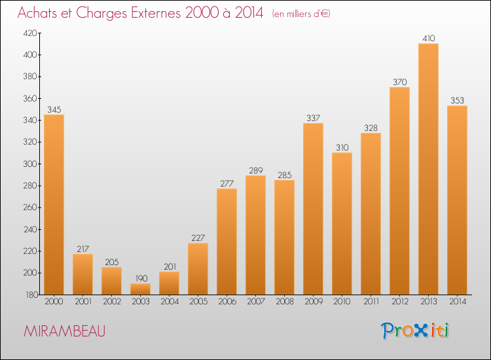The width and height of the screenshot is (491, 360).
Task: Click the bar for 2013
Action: tap(428, 169)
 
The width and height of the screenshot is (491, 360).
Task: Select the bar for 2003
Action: tap(140, 289)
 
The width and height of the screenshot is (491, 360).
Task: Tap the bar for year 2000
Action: tap(54, 204)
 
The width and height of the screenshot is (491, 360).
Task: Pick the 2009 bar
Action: tap(313, 209)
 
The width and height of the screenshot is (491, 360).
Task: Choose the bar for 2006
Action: tap(227, 242)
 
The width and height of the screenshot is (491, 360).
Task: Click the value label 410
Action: tap(429, 38)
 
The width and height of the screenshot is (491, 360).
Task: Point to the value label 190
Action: tap(141, 278)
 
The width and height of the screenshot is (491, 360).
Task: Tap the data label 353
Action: tap(457, 100)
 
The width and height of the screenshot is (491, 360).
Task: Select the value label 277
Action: tap(227, 183)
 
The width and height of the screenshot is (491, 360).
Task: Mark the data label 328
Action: tap(371, 128)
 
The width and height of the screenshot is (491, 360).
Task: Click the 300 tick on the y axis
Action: tap(30, 164)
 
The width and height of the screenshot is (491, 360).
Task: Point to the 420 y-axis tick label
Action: tap(30, 33)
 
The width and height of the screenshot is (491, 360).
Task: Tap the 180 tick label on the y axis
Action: tap(31, 295)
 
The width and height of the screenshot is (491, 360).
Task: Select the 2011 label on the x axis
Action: tap(371, 301)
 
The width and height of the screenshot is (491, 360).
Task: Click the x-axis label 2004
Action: tap(170, 301)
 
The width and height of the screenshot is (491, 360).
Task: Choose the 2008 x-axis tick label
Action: tap(285, 301)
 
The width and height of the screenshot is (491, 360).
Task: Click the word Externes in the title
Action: tap(156, 12)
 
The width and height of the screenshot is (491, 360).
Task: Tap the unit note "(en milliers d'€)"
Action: tap(301, 14)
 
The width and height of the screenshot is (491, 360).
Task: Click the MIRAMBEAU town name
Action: tap(65, 331)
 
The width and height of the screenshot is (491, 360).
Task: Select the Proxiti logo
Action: tap(415, 331)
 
